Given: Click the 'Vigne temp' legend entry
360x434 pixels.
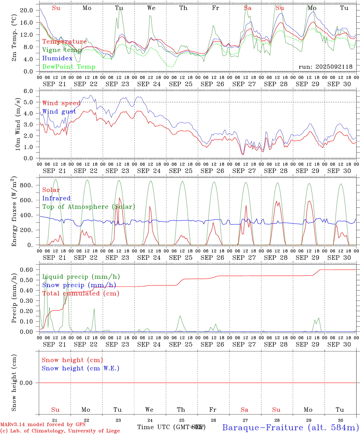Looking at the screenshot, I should click(x=62, y=50).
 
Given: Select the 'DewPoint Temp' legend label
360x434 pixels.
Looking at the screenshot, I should click(x=69, y=67).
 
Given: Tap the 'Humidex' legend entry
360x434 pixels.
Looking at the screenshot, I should click(x=57, y=58).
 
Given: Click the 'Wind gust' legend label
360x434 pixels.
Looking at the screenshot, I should click(x=59, y=112).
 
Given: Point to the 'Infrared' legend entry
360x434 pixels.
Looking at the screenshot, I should click(x=56, y=198).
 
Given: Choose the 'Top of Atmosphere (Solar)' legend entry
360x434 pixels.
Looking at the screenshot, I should click(x=89, y=207).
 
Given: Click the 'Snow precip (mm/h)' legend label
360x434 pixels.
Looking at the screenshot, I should click(x=79, y=285).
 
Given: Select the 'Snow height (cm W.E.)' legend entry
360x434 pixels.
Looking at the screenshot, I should click(x=81, y=368).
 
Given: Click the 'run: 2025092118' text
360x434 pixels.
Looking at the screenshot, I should click(x=325, y=67).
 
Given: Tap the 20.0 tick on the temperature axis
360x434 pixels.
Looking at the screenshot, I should click(x=26, y=11).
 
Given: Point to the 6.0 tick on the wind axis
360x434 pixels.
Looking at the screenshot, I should click(x=28, y=91).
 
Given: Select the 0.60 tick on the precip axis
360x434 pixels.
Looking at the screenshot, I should click(x=26, y=270).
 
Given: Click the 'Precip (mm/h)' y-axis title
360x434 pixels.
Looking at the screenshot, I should click(x=14, y=298).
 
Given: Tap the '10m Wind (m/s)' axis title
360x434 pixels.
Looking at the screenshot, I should click(x=18, y=124).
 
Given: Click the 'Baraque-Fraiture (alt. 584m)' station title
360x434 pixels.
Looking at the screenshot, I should click(x=290, y=427).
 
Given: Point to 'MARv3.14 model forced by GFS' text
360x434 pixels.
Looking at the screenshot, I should click(x=43, y=425).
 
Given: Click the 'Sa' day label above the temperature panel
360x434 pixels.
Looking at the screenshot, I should click(x=248, y=8).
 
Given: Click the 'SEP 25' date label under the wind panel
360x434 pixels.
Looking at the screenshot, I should click(x=181, y=171).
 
